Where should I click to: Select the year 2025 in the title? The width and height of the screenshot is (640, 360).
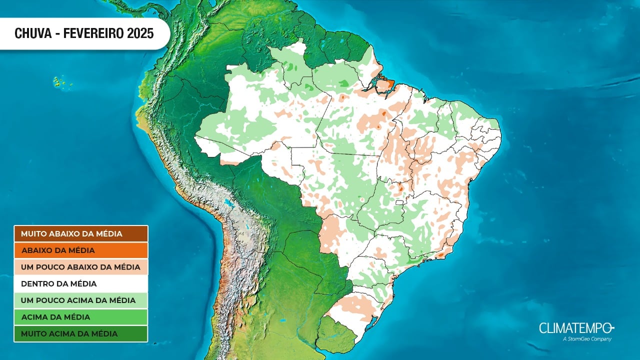coord(140,33)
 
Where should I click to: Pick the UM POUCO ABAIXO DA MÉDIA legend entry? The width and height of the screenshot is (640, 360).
coord(80,267)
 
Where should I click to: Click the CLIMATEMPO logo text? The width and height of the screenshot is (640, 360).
coord(572,328)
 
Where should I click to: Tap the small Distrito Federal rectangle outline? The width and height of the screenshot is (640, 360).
coord(399,203)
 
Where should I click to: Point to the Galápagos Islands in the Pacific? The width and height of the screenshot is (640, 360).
coord(61,81)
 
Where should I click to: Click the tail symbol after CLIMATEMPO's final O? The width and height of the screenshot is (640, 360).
coord(611,328)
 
